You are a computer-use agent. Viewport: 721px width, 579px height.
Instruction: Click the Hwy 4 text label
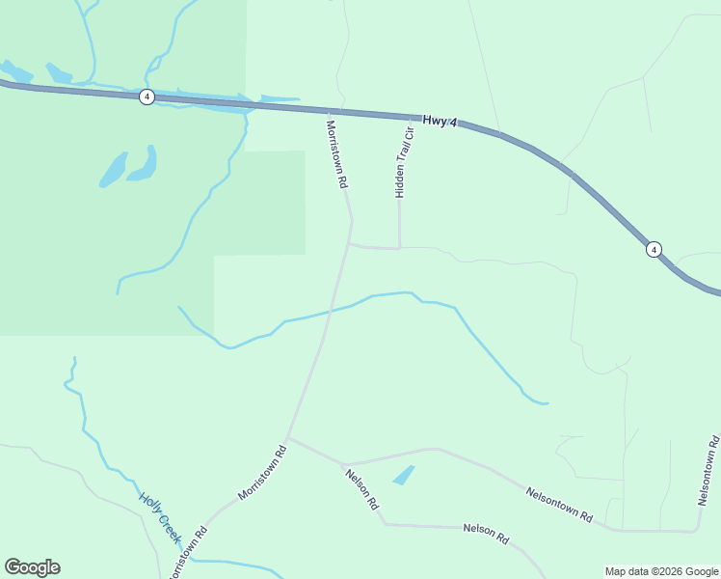click(x=440, y=122)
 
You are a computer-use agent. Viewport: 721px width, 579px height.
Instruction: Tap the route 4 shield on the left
click(x=146, y=96)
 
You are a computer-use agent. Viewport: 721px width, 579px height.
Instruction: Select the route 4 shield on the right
click(x=654, y=249)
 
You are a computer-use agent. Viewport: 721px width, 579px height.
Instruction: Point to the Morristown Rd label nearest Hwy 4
click(x=336, y=153)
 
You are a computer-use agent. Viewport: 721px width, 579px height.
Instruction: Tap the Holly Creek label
click(x=159, y=516)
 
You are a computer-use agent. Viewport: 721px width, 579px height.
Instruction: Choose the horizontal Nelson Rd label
click(x=485, y=533)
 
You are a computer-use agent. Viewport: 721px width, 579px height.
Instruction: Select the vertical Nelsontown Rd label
click(x=708, y=471)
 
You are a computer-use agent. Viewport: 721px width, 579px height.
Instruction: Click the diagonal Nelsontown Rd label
click(x=559, y=505)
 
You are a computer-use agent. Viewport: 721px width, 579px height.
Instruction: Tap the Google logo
click(x=32, y=567)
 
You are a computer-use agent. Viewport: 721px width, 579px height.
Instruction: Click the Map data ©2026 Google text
click(x=662, y=571)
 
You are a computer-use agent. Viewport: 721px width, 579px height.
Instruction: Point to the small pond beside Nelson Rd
click(x=404, y=475)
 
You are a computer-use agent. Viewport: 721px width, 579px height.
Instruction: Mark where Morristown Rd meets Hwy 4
click(x=333, y=110)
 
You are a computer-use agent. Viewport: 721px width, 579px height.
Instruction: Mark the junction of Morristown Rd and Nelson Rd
click(x=287, y=438)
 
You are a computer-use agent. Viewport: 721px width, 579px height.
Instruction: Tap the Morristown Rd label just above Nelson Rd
click(x=263, y=471)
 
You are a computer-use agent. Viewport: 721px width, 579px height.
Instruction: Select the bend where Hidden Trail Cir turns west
click(x=399, y=248)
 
